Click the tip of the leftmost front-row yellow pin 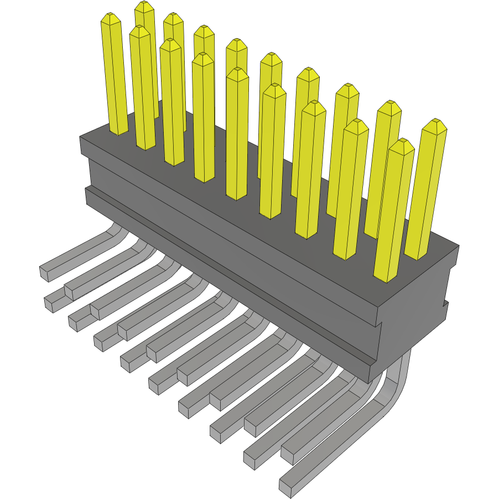tap(111, 19)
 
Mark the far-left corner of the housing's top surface tap(81, 137)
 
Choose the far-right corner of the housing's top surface tap(458, 246)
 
